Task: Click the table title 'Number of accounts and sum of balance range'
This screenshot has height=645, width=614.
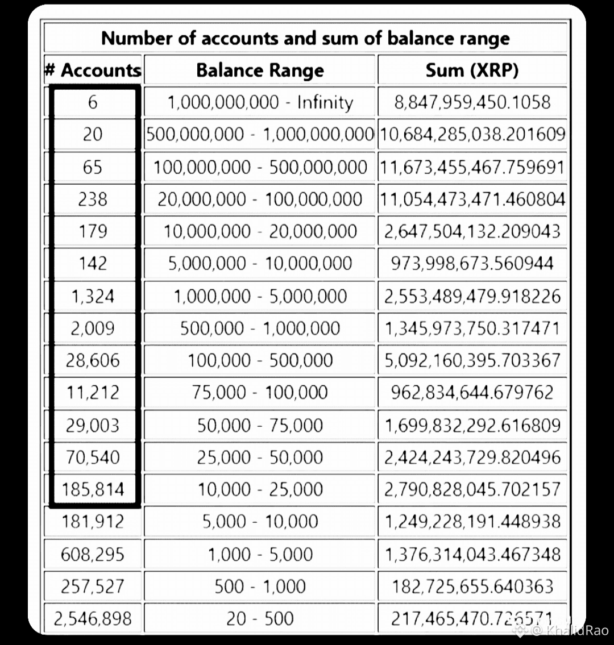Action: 306,38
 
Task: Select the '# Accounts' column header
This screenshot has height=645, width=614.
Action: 93,70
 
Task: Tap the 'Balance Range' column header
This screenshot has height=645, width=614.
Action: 260,70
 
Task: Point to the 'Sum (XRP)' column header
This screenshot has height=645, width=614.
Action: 472,70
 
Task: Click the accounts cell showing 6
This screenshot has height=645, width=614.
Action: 93,102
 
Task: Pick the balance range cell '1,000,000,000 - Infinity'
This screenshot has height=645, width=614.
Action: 260,102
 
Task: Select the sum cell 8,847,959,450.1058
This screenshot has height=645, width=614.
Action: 472,102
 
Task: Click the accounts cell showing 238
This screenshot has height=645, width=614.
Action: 93,199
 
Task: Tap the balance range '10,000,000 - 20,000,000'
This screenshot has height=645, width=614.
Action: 260,231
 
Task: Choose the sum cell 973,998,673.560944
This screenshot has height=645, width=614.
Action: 472,263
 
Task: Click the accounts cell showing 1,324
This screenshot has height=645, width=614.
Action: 93,296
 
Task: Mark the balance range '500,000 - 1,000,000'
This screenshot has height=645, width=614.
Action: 260,328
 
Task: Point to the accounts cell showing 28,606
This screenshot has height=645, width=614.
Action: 93,360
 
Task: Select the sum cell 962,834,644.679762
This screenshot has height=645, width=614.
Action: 472,392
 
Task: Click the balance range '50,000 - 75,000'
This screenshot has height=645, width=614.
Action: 260,425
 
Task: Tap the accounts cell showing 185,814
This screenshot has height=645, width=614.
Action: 93,489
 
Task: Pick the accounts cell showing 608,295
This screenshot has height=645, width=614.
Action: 93,554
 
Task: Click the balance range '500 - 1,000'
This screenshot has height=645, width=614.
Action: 260,586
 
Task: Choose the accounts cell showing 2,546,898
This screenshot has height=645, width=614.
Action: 93,618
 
